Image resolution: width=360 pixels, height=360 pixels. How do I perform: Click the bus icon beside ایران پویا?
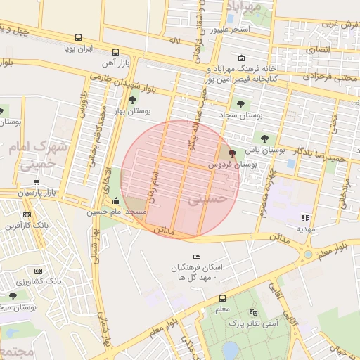78,38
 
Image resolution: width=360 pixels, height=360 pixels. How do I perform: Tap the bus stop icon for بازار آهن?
115,52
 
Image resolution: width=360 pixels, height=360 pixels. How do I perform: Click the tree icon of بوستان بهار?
133,101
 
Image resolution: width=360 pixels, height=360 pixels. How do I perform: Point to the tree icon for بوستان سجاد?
240,104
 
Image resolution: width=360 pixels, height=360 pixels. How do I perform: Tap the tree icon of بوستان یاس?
264,139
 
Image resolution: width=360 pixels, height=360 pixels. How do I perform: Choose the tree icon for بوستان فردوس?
233,153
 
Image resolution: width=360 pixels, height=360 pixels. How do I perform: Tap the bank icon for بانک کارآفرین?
27,214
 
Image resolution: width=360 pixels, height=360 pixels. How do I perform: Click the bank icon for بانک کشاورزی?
38,271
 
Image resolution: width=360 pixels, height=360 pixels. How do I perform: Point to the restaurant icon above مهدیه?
305,218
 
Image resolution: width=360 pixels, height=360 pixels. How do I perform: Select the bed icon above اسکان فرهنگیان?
196,257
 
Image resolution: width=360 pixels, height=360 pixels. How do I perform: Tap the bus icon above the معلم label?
222,297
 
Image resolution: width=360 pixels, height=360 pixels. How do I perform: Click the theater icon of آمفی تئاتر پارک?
253,311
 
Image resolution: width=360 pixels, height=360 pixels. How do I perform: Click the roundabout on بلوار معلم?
308,254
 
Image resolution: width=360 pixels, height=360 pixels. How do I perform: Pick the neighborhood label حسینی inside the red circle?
209,200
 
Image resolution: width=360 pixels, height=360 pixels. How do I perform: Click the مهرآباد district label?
244,6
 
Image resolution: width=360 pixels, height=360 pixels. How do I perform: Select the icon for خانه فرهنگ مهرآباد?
242,58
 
